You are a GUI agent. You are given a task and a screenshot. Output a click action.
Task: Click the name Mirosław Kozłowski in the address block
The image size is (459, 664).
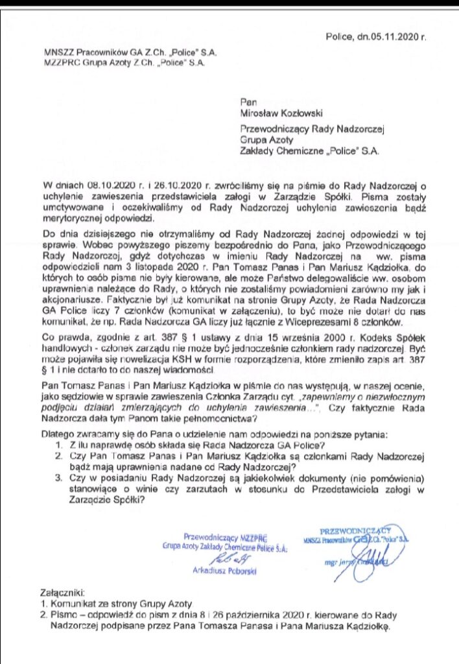[277, 113]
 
